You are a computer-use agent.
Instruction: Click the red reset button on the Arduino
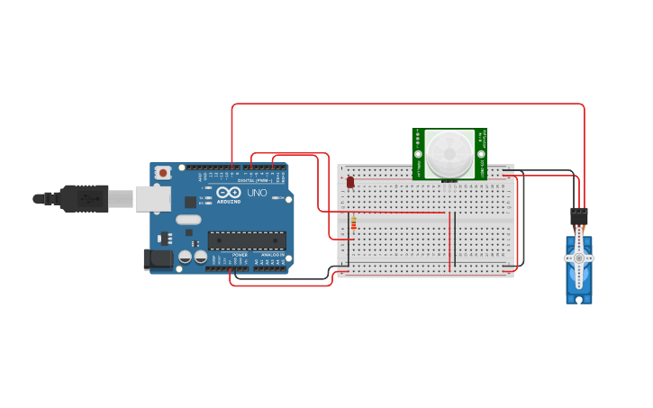(x=163, y=172)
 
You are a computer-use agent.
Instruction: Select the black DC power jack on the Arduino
(x=159, y=259)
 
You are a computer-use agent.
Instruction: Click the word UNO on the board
(x=257, y=192)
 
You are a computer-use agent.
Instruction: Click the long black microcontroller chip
(x=247, y=240)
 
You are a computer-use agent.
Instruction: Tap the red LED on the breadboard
(x=350, y=182)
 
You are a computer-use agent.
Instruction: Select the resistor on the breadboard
(x=353, y=222)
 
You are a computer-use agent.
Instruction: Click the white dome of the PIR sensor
(x=449, y=153)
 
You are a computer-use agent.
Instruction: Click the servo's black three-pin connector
(x=578, y=216)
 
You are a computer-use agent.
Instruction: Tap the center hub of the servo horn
(x=578, y=258)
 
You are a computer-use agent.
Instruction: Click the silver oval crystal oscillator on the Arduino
(x=188, y=220)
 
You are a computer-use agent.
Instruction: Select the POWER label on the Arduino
(x=240, y=255)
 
